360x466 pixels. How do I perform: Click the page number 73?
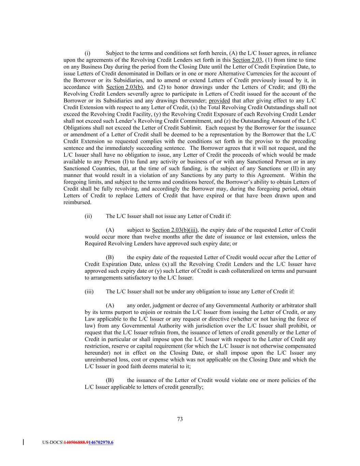coord(180,419)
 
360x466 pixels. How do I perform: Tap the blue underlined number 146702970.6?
coord(101,442)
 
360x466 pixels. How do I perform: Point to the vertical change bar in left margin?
coord(23,442)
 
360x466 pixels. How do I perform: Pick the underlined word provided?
coord(219,101)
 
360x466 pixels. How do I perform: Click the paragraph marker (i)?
coord(87,53)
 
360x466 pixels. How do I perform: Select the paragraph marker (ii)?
coord(88,216)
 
